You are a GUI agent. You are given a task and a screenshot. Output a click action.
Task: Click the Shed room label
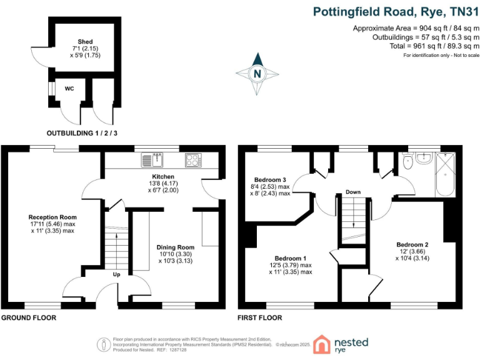[81, 41]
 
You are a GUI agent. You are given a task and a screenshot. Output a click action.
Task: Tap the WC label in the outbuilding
[69, 89]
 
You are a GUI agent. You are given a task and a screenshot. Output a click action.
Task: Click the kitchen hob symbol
[192, 160]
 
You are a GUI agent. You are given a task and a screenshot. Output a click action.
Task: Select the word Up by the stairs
[117, 274]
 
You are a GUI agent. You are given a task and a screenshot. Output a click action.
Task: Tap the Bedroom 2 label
[412, 244]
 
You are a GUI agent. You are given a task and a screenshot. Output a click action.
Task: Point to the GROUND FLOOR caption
[29, 317]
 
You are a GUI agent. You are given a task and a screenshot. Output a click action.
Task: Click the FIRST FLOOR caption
[259, 317]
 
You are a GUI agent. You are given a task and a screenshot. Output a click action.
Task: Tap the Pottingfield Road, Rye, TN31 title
[396, 11]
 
